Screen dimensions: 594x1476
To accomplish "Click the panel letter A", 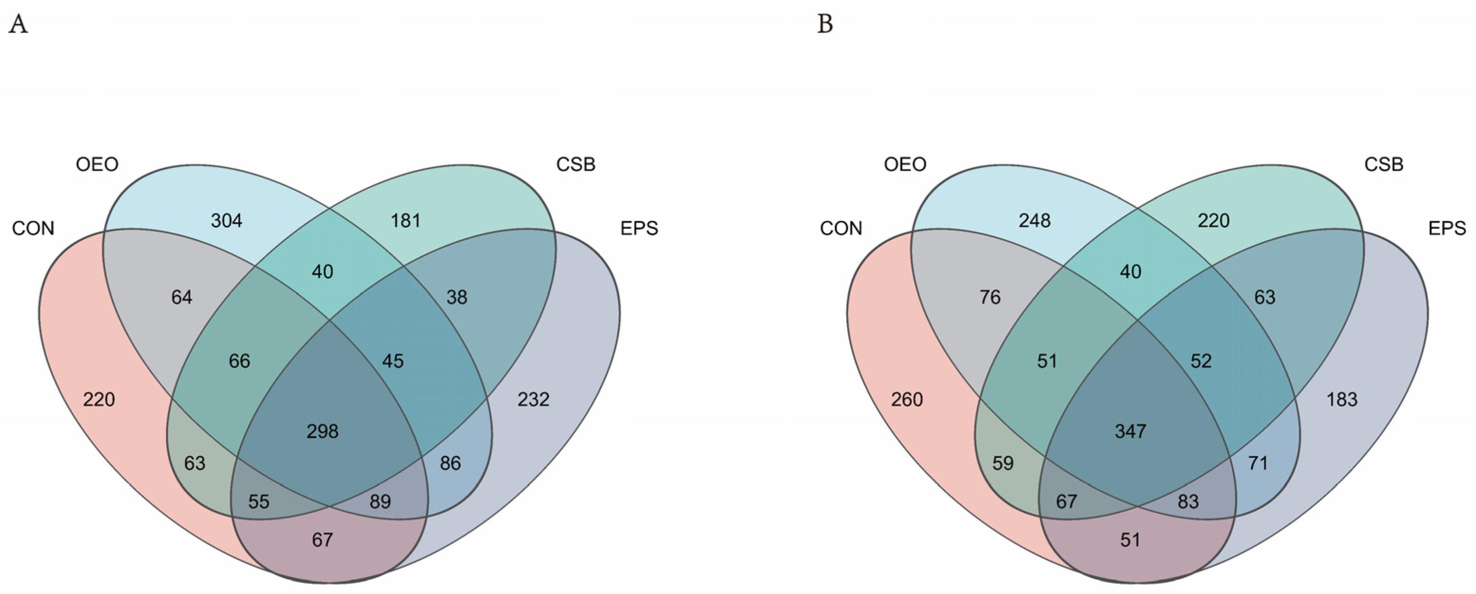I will point(19,25).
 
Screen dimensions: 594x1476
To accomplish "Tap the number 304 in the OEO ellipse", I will point(226,221).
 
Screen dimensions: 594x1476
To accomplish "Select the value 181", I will point(406,221).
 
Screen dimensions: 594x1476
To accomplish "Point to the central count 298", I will point(323,431).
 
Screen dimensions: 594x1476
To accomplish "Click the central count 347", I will point(1130,431).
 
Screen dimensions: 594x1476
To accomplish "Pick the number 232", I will point(533,399).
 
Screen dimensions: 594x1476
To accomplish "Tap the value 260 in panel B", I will point(907,399).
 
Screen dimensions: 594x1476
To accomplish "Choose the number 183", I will point(1342,399).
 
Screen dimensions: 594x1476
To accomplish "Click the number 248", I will point(1035,221).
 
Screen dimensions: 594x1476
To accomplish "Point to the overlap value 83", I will point(1188,502).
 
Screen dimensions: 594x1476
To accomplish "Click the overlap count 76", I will point(990,297).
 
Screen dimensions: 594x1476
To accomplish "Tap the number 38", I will point(457,297).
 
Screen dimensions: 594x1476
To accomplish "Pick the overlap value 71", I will point(1258,463).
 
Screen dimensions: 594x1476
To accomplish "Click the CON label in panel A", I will point(33,229).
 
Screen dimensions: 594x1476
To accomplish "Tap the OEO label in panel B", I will point(906,165).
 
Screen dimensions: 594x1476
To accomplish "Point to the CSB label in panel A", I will point(576,165).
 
